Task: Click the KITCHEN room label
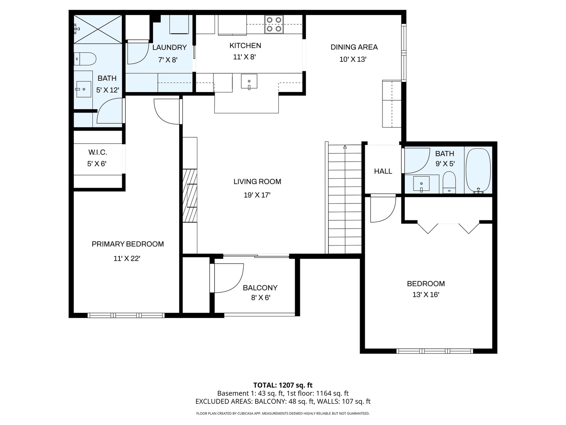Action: [x=245, y=46]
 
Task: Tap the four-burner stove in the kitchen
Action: [x=274, y=24]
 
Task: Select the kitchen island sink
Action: [x=249, y=82]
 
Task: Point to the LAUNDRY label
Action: [x=169, y=48]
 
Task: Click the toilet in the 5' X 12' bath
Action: [x=85, y=59]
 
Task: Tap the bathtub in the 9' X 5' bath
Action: [x=478, y=170]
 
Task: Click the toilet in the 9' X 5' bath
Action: [x=449, y=183]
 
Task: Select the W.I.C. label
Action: [x=97, y=152]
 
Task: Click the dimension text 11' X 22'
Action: [x=127, y=259]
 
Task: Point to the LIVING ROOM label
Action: [x=257, y=181]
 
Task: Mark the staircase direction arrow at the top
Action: [x=345, y=148]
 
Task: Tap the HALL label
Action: [x=383, y=171]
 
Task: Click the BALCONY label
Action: [x=260, y=288]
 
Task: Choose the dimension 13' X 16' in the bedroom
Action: [x=426, y=295]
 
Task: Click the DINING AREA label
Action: [x=354, y=47]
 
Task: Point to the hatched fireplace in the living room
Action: [x=189, y=195]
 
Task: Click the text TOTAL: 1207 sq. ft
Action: [x=283, y=385]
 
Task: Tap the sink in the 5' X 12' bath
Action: [x=83, y=89]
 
